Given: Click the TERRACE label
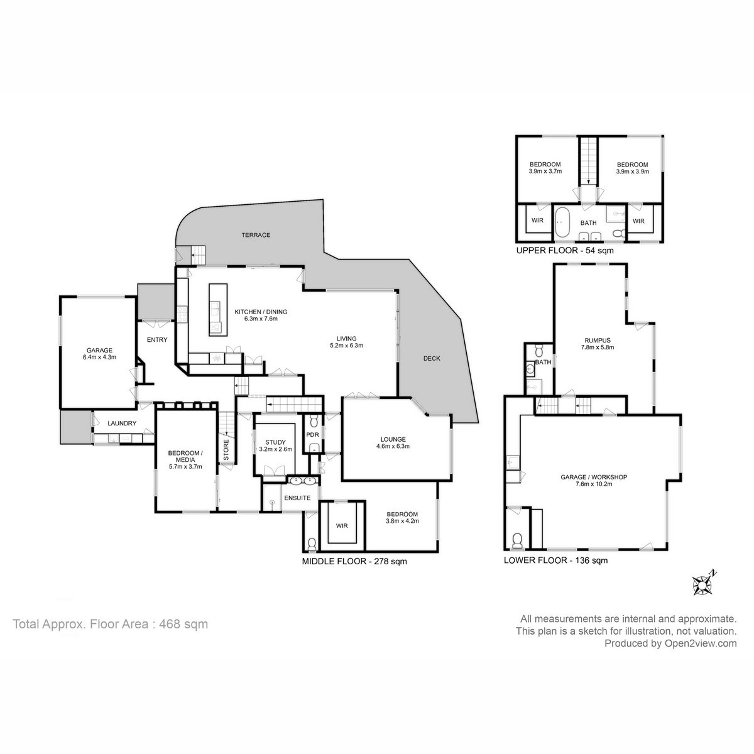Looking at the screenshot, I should coord(256,235).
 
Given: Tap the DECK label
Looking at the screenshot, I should coord(432,359).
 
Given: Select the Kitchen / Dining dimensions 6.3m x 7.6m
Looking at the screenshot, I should coord(261,319).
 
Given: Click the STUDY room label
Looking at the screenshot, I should coord(275,442).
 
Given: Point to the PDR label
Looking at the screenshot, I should coord(312,435).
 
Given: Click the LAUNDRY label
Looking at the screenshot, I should coord(122,423).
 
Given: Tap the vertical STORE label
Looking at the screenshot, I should coord(226,449).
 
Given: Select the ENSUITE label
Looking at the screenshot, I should coord(297,498).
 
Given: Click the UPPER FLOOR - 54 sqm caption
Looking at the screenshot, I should coord(564,250).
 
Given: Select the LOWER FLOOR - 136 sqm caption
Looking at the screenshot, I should coord(555,560).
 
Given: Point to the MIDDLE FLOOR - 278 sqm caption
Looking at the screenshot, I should coord(354,561).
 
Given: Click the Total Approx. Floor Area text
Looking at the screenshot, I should coord(111,624).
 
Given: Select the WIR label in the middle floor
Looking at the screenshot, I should coord(342,525).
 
